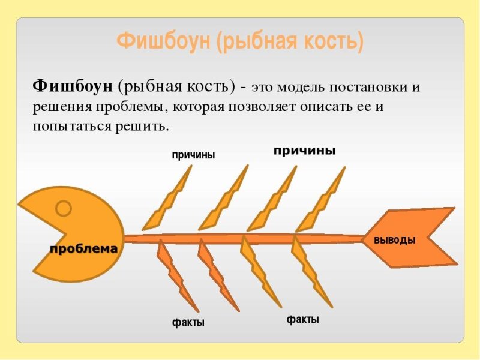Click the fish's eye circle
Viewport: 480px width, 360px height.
(x=64, y=209)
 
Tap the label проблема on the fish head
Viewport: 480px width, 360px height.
(x=83, y=249)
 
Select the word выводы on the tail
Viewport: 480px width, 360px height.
(x=394, y=240)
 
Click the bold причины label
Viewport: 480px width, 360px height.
(x=304, y=151)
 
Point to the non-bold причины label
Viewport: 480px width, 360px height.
(x=193, y=155)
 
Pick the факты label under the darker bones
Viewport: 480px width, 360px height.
(x=188, y=323)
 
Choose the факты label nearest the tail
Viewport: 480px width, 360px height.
(x=302, y=320)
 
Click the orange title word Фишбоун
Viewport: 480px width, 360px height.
(x=164, y=41)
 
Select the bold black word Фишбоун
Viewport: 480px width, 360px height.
(x=73, y=86)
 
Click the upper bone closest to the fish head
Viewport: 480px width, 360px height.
(x=168, y=198)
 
